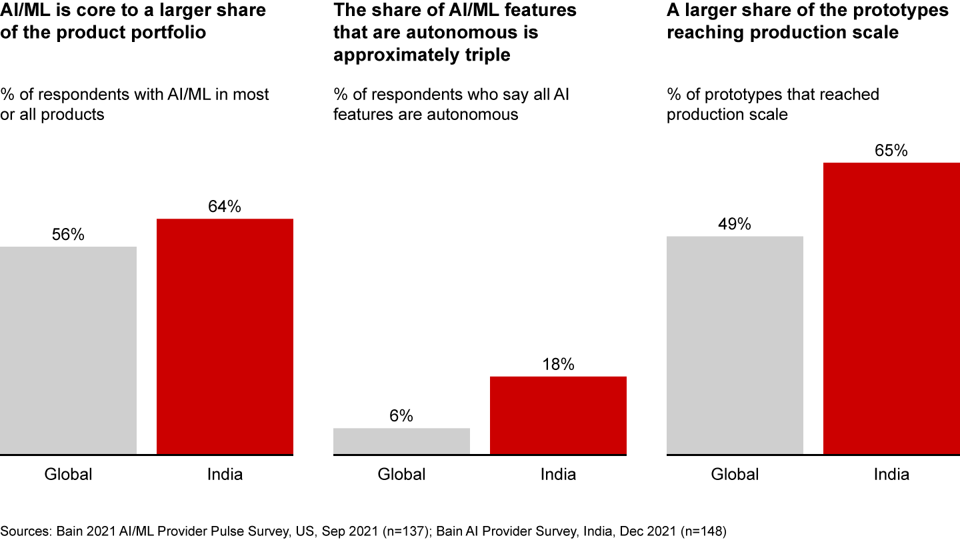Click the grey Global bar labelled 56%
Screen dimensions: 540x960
[x=68, y=351]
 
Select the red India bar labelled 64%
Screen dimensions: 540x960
[x=225, y=337]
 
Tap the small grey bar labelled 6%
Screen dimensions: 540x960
[x=401, y=441]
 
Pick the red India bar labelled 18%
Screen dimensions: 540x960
[x=558, y=415]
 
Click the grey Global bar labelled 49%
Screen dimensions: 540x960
[x=735, y=345]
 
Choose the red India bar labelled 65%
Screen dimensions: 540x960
[x=891, y=309]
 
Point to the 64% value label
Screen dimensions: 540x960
[x=225, y=207]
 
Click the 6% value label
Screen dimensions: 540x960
[x=401, y=416]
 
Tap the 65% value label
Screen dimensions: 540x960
[x=891, y=151]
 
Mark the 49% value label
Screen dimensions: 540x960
[x=735, y=224]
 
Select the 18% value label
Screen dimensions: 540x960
[x=558, y=365]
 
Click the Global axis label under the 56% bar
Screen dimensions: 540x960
[x=68, y=475]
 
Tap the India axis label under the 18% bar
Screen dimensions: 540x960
[x=558, y=475]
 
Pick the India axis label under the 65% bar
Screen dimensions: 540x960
[x=891, y=475]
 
